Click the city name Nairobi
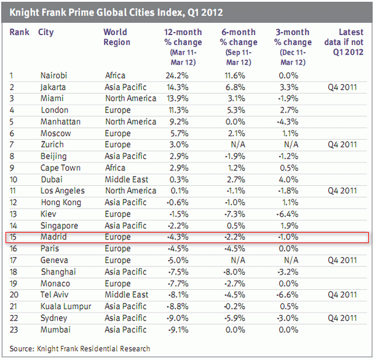tap(53, 76)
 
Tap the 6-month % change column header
tap(239, 38)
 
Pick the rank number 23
tap(14, 329)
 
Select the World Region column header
tap(117, 38)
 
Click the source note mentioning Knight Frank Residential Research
tap(80, 348)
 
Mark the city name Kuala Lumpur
tap(65, 306)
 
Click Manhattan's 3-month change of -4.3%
tap(291, 122)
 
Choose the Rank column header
tap(20, 32)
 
